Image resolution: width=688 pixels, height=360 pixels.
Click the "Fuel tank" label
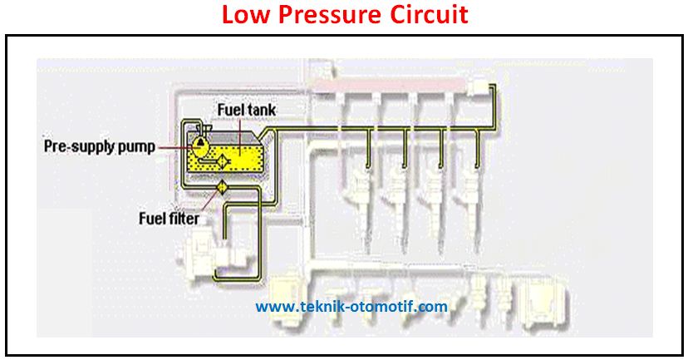(245, 110)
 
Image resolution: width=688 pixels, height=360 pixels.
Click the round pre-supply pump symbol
(199, 144)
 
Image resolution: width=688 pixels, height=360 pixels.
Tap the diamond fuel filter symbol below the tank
(223, 188)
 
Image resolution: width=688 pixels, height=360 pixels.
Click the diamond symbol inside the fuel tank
(224, 160)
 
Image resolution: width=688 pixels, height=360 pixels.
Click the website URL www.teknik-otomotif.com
(351, 307)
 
